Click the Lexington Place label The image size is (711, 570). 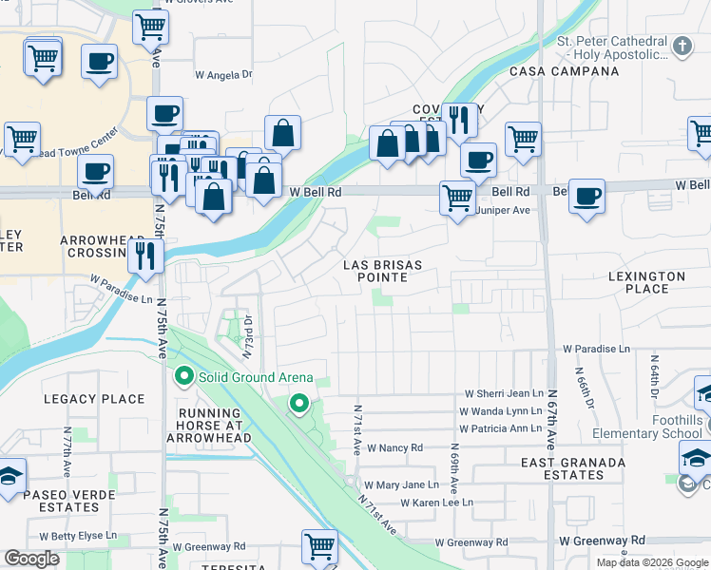coord(646,282)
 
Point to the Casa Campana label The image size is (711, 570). coord(551,72)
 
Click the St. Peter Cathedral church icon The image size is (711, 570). coord(682,45)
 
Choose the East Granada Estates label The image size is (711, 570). coord(573,469)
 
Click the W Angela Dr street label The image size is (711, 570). coord(223,74)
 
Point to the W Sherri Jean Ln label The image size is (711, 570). coord(503,393)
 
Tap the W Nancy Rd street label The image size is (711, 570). coord(394,447)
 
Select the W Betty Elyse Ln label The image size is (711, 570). coord(76,536)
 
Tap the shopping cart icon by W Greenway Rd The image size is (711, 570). coord(320,547)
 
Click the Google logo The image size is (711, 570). coord(31,560)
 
